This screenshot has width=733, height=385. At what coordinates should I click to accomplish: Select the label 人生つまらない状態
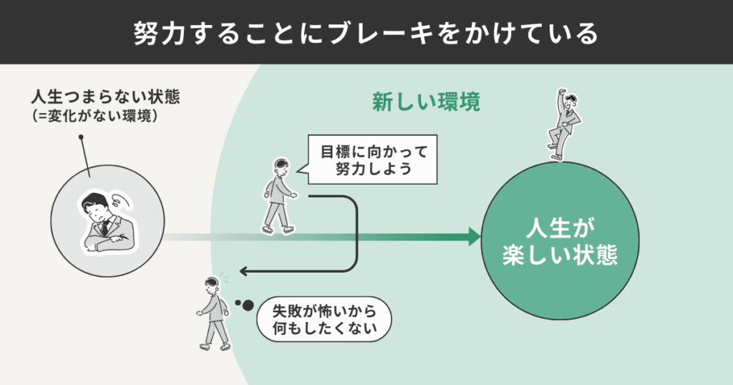[x=105, y=97]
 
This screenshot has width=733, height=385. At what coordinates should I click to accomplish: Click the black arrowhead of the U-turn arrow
[x=244, y=271]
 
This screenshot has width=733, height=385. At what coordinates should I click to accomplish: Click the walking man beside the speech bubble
[x=278, y=196]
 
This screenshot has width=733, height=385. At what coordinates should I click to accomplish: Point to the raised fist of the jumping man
[x=560, y=93]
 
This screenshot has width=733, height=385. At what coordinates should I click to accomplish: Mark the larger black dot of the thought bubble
[x=247, y=306]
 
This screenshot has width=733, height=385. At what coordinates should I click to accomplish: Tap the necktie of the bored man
[x=105, y=228]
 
